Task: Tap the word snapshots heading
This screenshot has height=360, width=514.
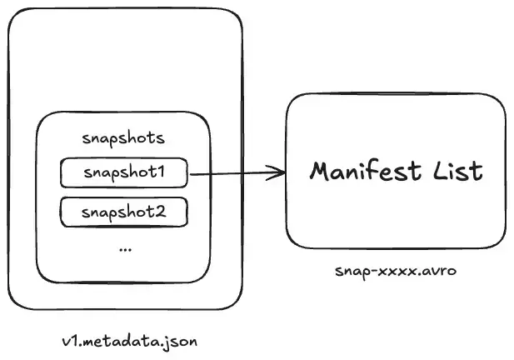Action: pyautogui.click(x=123, y=138)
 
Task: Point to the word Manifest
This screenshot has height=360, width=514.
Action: pyautogui.click(x=365, y=171)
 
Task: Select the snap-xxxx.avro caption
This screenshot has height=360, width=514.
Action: pyautogui.click(x=396, y=272)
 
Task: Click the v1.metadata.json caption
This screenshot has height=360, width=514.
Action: pyautogui.click(x=130, y=342)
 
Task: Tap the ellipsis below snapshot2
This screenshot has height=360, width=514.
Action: pyautogui.click(x=126, y=250)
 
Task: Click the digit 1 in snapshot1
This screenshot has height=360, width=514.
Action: pyautogui.click(x=160, y=172)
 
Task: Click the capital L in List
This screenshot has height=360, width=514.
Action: pyautogui.click(x=441, y=172)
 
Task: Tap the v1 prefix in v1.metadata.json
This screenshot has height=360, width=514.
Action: pyautogui.click(x=70, y=342)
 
